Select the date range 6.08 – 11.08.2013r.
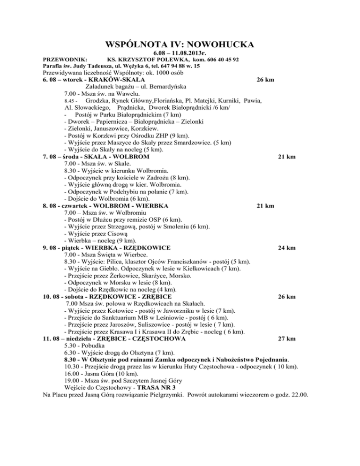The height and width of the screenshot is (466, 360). coord(180,54)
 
